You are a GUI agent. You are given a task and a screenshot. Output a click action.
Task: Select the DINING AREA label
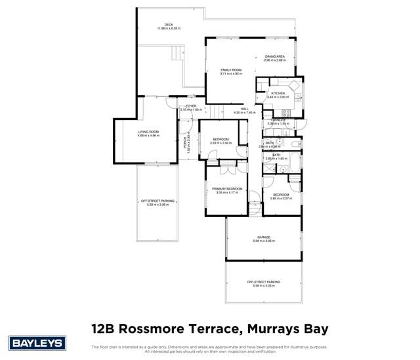click(x=275, y=57)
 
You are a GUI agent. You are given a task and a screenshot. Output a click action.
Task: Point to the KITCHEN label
click(x=278, y=94)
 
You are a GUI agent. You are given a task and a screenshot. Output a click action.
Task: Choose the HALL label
click(x=244, y=109)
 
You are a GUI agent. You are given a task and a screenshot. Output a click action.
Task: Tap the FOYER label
click(x=191, y=106)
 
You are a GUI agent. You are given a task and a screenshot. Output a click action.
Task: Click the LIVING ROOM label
click(x=148, y=132)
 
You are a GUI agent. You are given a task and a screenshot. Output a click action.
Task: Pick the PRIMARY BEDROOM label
click(x=227, y=189)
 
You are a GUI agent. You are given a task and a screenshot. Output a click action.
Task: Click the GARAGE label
click(x=264, y=237)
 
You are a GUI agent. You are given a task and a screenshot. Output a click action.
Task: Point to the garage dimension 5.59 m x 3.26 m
click(x=264, y=241)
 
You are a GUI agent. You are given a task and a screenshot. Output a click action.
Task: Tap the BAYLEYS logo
click(x=36, y=342)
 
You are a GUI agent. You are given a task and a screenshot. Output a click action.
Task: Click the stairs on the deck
click(x=175, y=52)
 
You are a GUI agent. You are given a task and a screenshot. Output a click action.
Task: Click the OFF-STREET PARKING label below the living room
click(x=157, y=201)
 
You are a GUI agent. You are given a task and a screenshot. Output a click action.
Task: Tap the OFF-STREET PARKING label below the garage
click(x=264, y=282)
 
